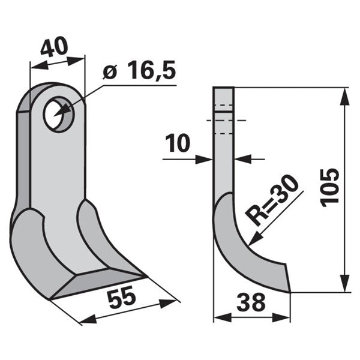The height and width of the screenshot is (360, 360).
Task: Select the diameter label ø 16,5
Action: [x=139, y=70]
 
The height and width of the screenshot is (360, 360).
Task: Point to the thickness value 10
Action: [x=178, y=143]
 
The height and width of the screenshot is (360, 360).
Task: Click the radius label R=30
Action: [x=272, y=200]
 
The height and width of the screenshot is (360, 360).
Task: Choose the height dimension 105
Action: [x=330, y=188]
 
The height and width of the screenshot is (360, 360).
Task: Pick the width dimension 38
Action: [x=251, y=302]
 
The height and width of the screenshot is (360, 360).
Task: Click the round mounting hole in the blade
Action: [x=59, y=114]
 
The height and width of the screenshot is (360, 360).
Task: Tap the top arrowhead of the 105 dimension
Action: [x=344, y=97]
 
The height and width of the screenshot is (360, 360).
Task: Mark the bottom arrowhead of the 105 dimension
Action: [x=344, y=283]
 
